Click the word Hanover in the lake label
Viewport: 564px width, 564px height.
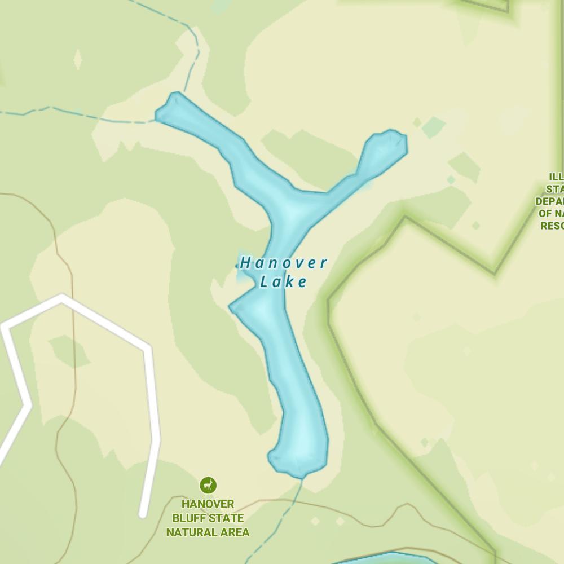pyautogui.click(x=284, y=263)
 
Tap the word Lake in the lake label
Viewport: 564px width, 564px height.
pyautogui.click(x=284, y=281)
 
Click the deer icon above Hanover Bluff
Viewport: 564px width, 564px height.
pyautogui.click(x=208, y=485)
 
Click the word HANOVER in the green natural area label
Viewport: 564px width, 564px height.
pyautogui.click(x=208, y=504)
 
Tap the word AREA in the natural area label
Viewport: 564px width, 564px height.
pyautogui.click(x=236, y=532)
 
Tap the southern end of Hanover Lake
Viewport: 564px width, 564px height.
pyautogui.click(x=299, y=471)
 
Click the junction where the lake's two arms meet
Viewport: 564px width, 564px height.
pyautogui.click(x=293, y=206)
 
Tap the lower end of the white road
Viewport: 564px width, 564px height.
pyautogui.click(x=143, y=513)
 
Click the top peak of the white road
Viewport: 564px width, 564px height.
pyautogui.click(x=61, y=297)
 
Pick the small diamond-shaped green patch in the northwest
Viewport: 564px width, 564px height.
pyautogui.click(x=78, y=59)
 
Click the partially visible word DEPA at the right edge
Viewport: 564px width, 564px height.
pyautogui.click(x=549, y=201)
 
